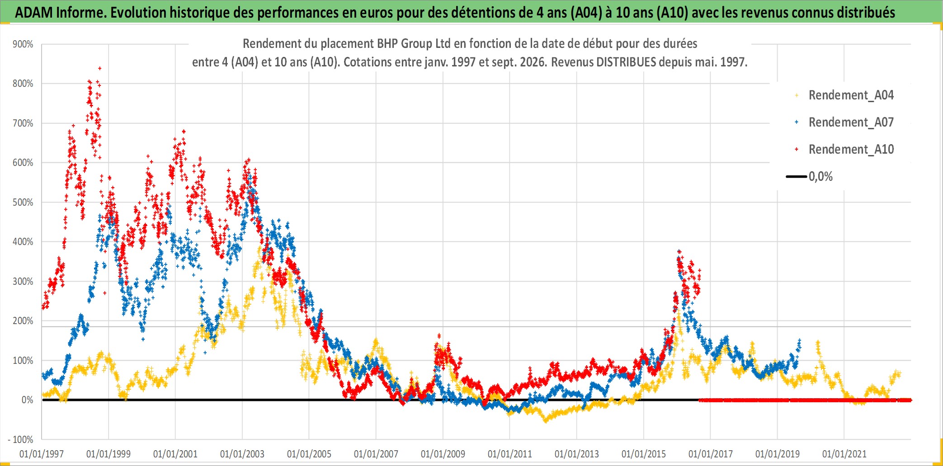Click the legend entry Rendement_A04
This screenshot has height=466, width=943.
click(844, 95)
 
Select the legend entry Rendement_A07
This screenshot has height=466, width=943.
click(844, 122)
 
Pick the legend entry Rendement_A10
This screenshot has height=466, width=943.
click(844, 150)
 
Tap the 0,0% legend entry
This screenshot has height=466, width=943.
click(810, 177)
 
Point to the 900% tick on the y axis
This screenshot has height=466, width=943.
click(23, 44)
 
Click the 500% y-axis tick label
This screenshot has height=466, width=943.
click(23, 202)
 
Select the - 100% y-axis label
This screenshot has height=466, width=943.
click(21, 440)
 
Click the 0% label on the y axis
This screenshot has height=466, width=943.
click(28, 400)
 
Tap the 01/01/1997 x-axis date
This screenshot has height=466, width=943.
click(42, 454)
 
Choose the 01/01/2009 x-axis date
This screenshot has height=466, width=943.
click(443, 454)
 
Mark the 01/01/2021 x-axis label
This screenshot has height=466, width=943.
click(844, 454)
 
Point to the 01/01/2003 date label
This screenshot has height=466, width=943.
click(242, 454)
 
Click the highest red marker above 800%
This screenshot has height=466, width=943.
click(100, 68)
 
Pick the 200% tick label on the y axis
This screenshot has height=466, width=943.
click(23, 321)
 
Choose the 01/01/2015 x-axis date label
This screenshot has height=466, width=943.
click(644, 454)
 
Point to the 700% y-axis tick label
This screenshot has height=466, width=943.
click(23, 123)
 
